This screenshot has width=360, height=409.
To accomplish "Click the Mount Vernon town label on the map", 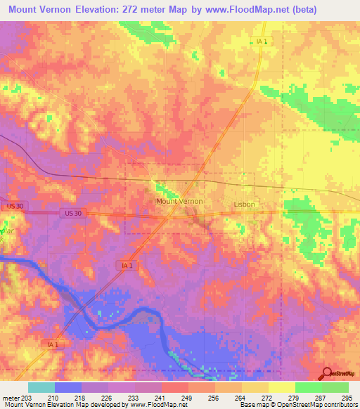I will [179, 201].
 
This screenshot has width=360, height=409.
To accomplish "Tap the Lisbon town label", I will [244, 204].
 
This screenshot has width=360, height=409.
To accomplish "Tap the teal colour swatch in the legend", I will [41, 387].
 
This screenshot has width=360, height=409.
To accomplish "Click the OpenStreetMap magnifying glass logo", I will [328, 373].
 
